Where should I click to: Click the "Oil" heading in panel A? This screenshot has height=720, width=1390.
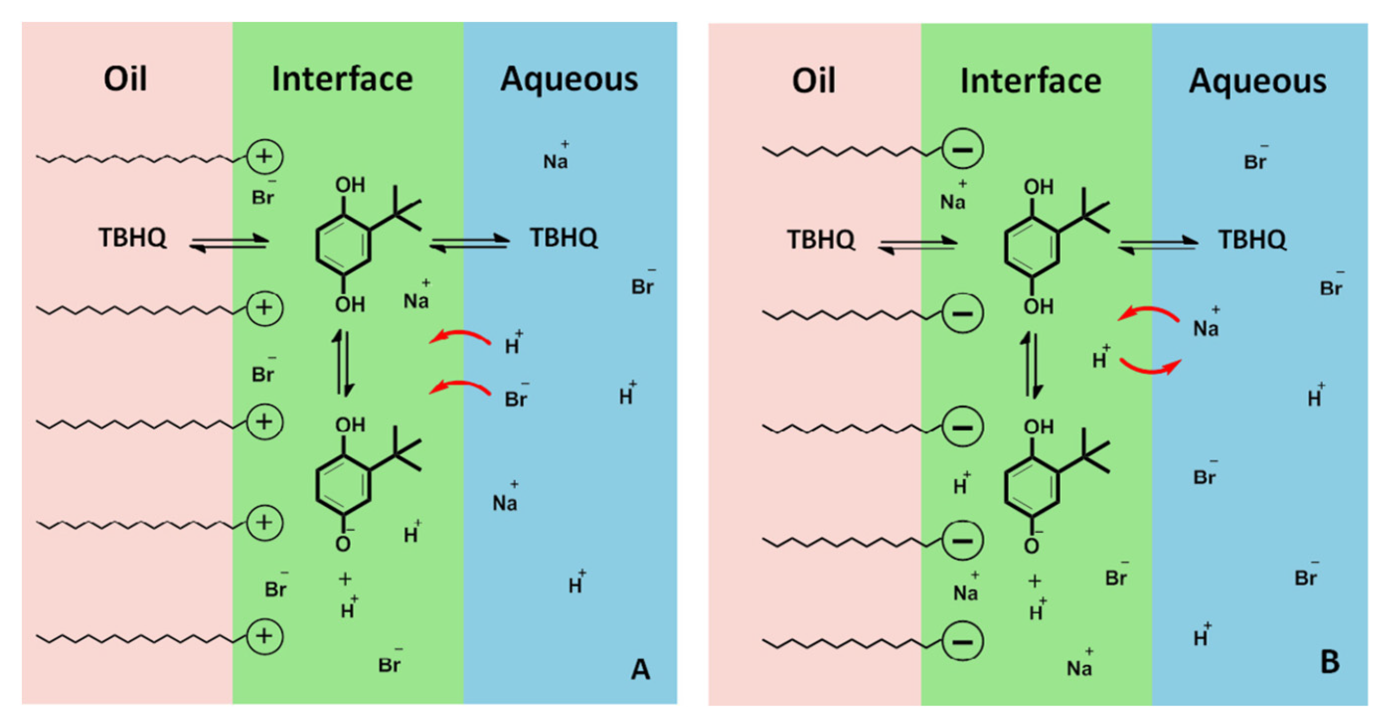pos(125,79)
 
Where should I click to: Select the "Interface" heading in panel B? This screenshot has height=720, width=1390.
pos(1030,81)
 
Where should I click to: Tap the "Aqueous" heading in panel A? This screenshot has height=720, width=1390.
pos(569,80)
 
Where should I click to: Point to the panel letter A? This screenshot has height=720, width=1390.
pos(640,670)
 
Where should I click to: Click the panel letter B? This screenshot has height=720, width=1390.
pos(1329,662)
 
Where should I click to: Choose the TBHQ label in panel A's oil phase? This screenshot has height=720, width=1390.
pos(132,238)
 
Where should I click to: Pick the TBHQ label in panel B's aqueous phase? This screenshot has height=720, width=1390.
pos(1252,240)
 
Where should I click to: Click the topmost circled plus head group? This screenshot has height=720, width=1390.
pos(264,157)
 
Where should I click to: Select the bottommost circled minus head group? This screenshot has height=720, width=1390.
pos(963,641)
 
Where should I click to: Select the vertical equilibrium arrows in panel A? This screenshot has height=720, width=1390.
pos(343,363)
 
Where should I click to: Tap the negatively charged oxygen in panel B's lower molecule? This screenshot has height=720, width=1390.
pos(1032,545)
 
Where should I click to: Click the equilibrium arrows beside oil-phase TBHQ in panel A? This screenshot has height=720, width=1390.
pos(229,243)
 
